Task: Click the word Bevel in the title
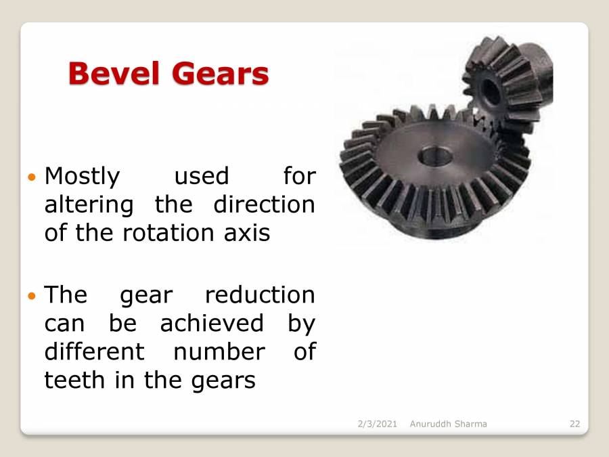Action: [x=111, y=73]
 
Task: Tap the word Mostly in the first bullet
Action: [x=82, y=176]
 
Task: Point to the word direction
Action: [x=264, y=204]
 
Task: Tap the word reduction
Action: [x=260, y=295]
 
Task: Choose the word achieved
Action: [x=212, y=324]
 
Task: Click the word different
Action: [x=94, y=351]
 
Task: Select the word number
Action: [x=219, y=351]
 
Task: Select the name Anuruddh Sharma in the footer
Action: [x=448, y=424]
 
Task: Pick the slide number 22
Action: [x=574, y=424]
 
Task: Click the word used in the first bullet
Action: [x=202, y=176]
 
